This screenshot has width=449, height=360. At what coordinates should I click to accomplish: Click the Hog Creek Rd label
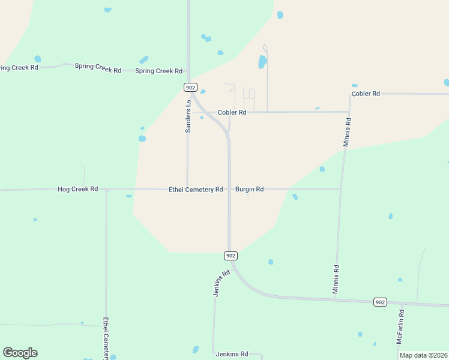(77, 189)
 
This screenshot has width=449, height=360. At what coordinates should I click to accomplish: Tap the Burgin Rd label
(249, 189)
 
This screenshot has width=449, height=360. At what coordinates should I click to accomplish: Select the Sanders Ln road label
(188, 116)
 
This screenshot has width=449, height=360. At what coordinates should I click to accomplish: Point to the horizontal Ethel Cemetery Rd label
(196, 189)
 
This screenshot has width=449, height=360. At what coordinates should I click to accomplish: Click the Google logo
(20, 353)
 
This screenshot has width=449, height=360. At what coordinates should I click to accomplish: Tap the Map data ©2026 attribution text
(423, 355)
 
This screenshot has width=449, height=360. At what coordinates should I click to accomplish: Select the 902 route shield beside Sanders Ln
(190, 88)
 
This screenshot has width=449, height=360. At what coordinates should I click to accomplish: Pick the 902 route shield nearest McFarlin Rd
(379, 302)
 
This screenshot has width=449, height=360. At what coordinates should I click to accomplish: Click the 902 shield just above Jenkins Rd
(231, 256)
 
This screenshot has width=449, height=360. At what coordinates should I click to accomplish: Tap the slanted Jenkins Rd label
(221, 283)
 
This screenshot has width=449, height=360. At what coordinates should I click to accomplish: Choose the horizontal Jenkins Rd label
(232, 355)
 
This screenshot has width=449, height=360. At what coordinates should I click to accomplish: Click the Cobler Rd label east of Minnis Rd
(366, 94)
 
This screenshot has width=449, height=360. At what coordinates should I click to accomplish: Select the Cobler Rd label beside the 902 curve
(232, 112)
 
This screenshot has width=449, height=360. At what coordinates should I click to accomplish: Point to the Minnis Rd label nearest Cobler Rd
(347, 132)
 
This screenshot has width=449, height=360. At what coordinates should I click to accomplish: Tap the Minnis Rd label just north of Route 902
(336, 280)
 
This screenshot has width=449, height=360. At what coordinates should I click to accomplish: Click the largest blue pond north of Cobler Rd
(262, 62)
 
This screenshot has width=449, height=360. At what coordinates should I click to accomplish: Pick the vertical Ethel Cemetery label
(106, 339)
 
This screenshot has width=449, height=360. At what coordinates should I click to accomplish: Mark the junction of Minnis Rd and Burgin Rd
(341, 189)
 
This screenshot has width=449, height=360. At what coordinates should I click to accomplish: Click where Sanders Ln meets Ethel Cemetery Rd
(187, 189)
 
